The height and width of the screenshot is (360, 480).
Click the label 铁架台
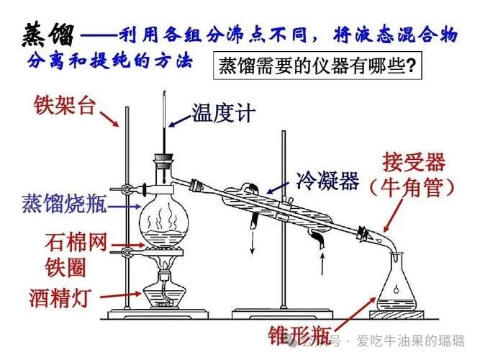(x=65, y=106)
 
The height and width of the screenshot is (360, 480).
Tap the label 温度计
(x=224, y=113)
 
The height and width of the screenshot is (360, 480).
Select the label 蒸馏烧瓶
(x=64, y=203)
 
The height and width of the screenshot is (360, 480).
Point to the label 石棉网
(x=76, y=242)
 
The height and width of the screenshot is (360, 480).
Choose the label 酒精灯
(x=60, y=297)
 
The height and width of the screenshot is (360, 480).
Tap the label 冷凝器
(x=327, y=180)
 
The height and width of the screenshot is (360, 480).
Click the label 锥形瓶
(x=299, y=336)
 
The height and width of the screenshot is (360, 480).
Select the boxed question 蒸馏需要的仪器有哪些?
(x=317, y=66)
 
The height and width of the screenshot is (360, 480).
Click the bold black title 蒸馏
(x=48, y=35)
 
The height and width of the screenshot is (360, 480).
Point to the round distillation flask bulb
(x=164, y=221)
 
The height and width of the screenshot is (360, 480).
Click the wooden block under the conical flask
(x=397, y=315)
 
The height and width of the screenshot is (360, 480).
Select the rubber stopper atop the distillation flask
(x=164, y=161)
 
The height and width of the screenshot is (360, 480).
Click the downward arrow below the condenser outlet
(x=253, y=243)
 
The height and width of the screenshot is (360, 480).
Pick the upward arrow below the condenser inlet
(x=322, y=264)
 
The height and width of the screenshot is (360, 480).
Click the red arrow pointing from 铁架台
(x=109, y=119)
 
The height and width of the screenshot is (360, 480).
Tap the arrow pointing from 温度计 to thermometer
(x=180, y=121)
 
